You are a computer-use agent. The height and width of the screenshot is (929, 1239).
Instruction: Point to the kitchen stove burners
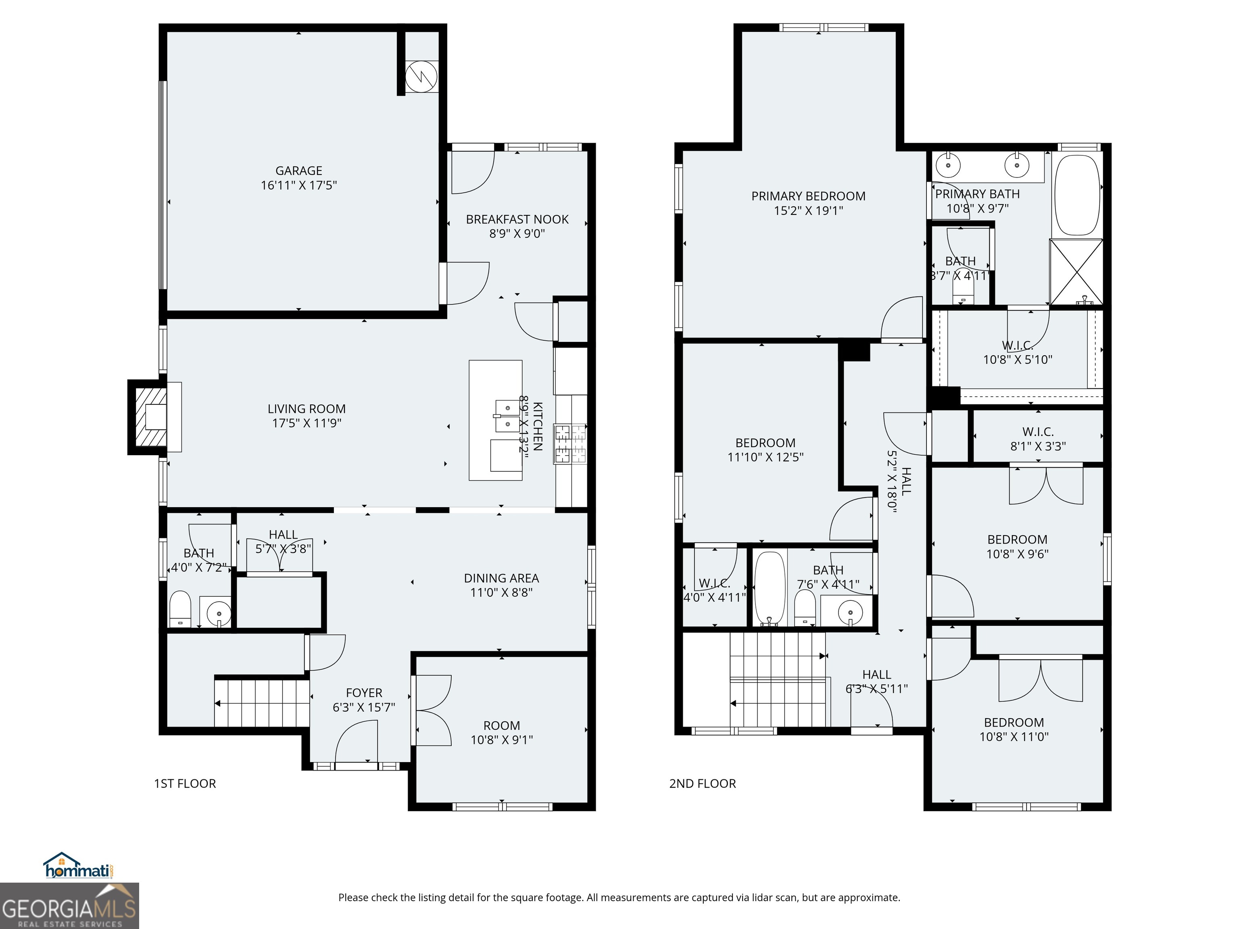tap(570, 444)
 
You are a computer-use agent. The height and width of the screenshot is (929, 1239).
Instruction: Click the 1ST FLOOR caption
tap(185, 783)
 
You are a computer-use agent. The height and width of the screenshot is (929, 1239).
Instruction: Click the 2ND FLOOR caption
tap(703, 783)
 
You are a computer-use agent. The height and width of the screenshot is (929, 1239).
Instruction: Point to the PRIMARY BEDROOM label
tap(808, 196)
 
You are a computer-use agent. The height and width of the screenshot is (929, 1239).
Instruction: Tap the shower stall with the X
tap(1076, 272)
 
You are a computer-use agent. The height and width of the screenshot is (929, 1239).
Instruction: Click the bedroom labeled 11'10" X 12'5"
tap(765, 450)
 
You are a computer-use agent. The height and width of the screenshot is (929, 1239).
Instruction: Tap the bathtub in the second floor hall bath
tap(769, 588)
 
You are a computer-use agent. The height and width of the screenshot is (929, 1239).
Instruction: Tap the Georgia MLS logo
tap(69, 906)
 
